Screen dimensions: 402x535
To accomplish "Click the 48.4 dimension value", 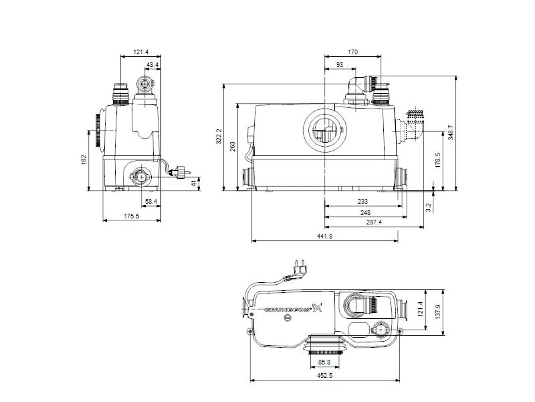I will (x=152, y=65).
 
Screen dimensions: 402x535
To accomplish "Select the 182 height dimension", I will (x=84, y=159).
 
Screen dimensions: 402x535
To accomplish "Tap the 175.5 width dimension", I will (x=131, y=216).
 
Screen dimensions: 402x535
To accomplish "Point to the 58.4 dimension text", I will (x=151, y=201).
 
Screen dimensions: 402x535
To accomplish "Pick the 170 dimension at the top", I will (x=352, y=52).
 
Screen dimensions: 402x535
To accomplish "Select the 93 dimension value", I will (x=340, y=65).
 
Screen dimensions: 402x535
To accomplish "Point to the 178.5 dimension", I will (x=437, y=161).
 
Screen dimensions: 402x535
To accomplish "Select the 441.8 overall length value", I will (x=324, y=237).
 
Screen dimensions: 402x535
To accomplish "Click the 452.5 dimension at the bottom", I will (x=324, y=376).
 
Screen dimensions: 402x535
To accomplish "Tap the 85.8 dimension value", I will (x=324, y=362).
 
